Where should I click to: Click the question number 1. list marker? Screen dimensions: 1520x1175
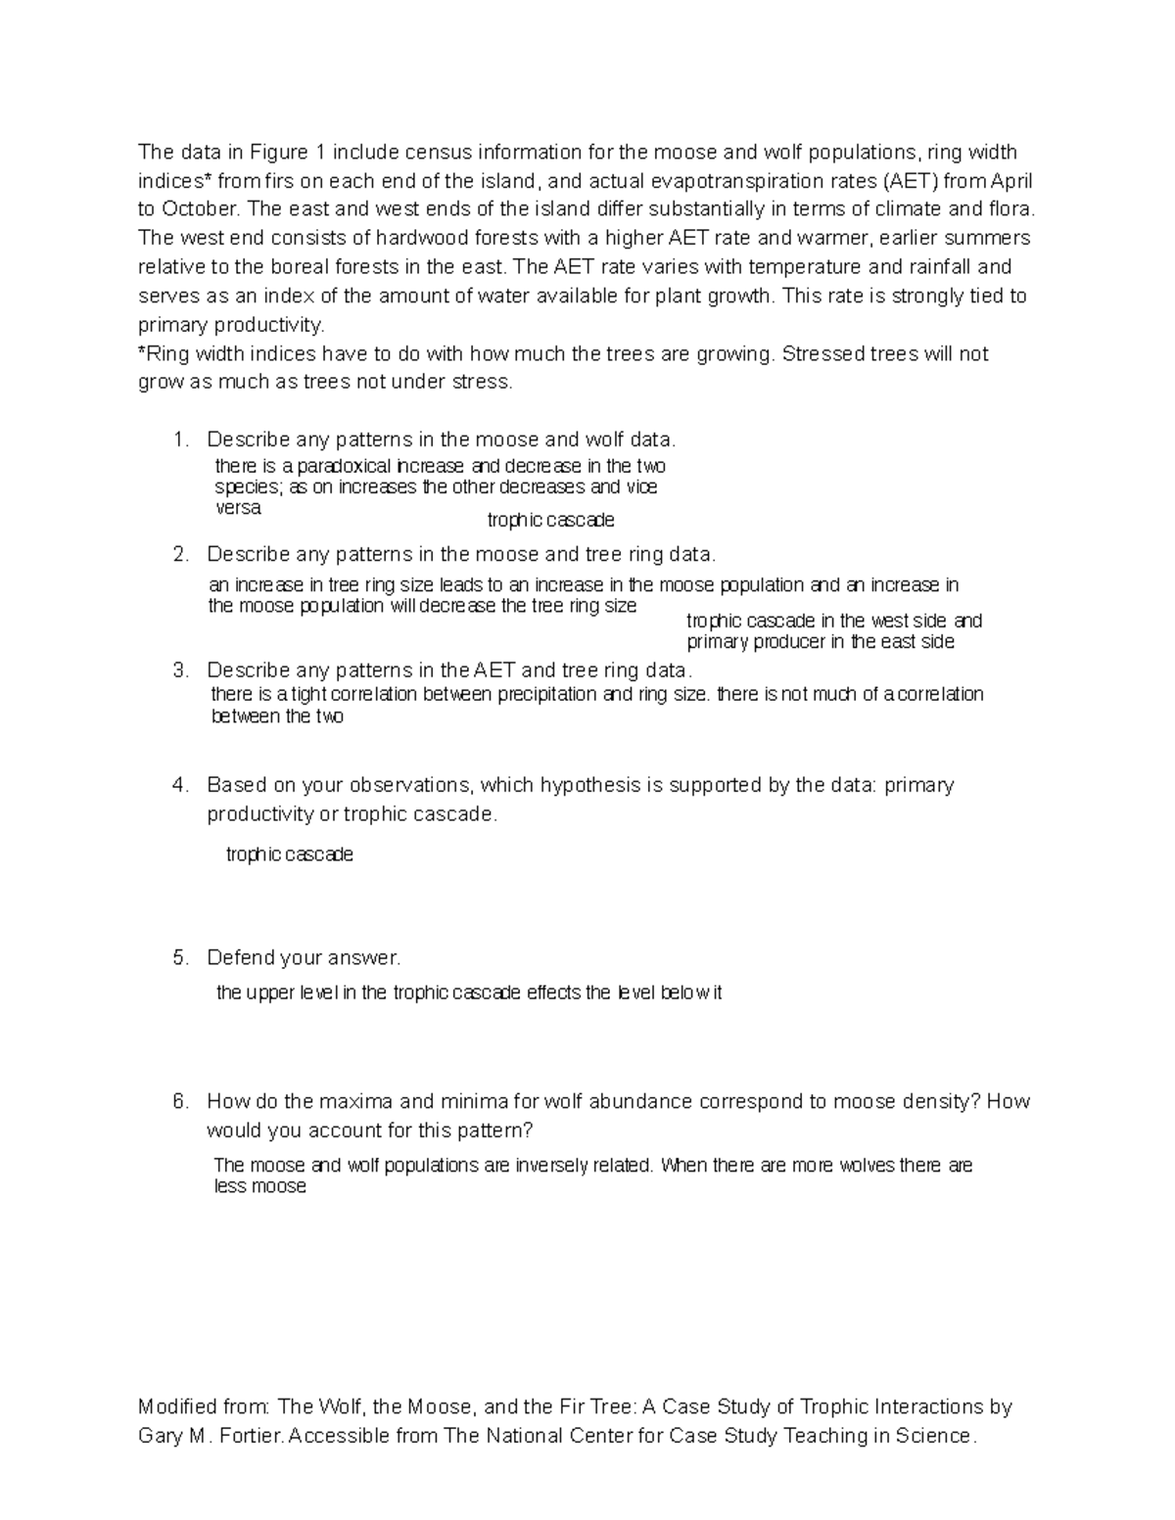(x=179, y=440)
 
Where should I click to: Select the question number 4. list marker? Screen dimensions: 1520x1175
(x=179, y=786)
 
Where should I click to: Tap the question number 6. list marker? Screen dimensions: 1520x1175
(x=179, y=1102)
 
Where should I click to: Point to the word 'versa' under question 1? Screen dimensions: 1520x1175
(x=238, y=509)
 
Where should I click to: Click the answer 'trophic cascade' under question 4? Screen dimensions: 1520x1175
(x=289, y=855)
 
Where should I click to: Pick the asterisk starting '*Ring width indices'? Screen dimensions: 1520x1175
(x=142, y=353)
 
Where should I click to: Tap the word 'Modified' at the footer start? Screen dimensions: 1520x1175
(x=175, y=1407)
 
